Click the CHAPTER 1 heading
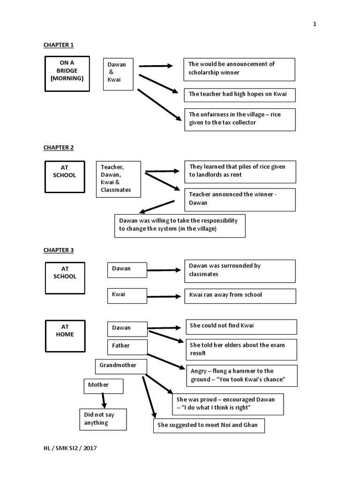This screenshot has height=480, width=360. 59,45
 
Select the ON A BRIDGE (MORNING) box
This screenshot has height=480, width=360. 67,74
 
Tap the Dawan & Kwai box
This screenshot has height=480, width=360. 118,74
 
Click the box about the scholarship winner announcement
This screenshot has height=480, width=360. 240,69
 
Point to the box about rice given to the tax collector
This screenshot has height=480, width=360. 240,120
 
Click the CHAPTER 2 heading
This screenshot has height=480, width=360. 59,148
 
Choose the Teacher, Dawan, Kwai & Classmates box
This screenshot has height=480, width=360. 119,180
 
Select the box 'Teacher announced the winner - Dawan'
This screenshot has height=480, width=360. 240,200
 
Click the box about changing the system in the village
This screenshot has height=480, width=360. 180,226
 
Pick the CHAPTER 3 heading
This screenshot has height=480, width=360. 59,250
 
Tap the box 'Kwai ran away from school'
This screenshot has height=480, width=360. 240,296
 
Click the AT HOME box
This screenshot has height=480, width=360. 65,336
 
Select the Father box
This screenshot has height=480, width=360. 127,347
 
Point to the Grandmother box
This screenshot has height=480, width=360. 121,367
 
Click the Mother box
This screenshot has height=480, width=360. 104,386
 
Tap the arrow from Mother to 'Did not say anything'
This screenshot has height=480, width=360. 104,401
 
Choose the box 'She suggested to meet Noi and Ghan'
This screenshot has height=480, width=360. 209,426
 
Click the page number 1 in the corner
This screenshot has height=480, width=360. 315,24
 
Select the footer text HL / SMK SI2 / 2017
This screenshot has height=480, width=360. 70,448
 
